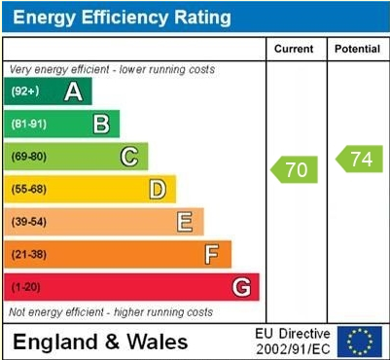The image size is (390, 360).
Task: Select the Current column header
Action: (x=294, y=49)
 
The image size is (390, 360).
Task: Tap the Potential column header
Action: (x=357, y=49)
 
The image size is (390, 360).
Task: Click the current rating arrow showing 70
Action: (x=295, y=169)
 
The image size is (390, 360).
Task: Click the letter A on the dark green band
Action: (x=73, y=91)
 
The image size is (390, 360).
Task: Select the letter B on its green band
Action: (x=101, y=124)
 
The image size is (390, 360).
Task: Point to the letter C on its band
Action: (x=128, y=157)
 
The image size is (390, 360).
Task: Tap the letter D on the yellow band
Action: (x=157, y=189)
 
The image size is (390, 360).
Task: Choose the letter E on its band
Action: (x=184, y=222)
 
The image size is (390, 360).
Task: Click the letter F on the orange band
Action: (x=211, y=254)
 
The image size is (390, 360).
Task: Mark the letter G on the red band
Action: (x=241, y=287)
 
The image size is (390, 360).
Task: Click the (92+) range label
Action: (x=24, y=91)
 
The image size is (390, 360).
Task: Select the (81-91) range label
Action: (x=28, y=124)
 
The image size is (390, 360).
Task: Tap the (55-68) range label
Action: (x=28, y=189)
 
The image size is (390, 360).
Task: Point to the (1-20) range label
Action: (x=26, y=287)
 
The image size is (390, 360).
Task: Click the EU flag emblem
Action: (x=360, y=342)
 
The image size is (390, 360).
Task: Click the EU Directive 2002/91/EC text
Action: (x=293, y=342)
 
